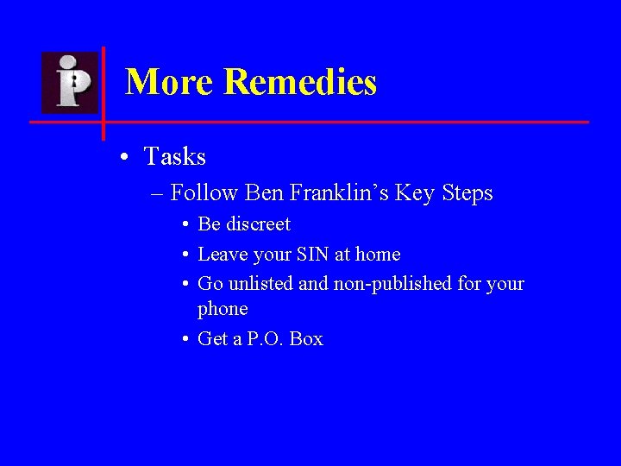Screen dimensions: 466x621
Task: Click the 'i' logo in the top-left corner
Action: [x=70, y=82]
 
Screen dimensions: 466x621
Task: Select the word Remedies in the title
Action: [x=300, y=83]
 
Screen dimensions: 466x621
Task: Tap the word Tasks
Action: [x=175, y=157]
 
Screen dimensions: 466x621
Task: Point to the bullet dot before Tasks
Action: [x=126, y=158]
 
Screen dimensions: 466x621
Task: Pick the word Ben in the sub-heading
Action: [x=264, y=192]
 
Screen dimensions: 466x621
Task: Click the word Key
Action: [x=415, y=192]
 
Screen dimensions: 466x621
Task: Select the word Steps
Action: [x=467, y=192]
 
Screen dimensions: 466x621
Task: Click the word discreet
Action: [x=258, y=224]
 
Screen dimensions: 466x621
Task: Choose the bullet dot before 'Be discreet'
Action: [x=185, y=225]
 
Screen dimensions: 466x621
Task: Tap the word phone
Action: [x=223, y=309]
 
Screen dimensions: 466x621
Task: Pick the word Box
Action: [x=306, y=339]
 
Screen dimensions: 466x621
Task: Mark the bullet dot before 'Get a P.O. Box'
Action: [x=185, y=339]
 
